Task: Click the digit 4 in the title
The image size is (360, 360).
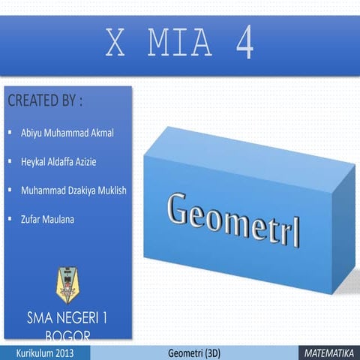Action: [244, 45]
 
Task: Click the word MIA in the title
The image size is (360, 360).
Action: [179, 45]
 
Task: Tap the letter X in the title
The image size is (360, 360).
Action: [115, 45]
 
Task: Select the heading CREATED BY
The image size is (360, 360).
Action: [44, 100]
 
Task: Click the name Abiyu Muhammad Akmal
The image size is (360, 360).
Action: [67, 133]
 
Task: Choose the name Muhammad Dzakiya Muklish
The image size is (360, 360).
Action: [73, 190]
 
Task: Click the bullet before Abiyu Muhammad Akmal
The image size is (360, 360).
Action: [9, 132]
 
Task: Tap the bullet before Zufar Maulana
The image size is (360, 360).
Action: [9, 217]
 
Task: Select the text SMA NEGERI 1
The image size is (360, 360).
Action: [67, 318]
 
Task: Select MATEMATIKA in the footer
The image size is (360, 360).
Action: [330, 352]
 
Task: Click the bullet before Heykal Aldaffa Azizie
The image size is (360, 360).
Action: [9, 160]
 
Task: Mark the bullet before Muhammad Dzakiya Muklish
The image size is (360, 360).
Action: [9, 189]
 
